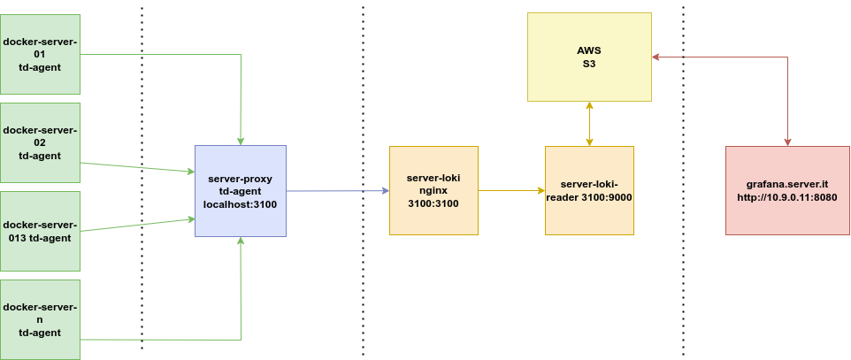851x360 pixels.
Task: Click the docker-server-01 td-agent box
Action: point(40,54)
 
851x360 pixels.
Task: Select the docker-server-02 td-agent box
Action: point(40,142)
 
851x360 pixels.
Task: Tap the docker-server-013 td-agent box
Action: point(40,231)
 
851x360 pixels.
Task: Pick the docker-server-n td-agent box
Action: point(40,319)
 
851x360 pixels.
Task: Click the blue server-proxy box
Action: point(241,191)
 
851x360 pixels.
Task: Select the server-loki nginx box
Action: point(433,190)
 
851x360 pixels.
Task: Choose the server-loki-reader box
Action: point(589,190)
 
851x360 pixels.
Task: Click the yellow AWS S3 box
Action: point(589,57)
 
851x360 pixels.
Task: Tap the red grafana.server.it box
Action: point(787,190)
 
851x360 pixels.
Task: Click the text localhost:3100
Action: point(241,204)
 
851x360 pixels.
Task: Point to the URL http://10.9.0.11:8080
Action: point(787,197)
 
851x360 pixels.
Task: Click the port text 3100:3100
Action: point(433,203)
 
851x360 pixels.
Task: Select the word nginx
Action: point(433,190)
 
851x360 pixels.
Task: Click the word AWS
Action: point(589,50)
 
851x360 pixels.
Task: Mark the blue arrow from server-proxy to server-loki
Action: point(336,190)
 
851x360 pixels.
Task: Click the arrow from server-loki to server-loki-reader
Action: point(510,190)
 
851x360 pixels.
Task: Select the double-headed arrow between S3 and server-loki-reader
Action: point(589,124)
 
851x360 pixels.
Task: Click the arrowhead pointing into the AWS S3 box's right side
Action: point(657,57)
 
